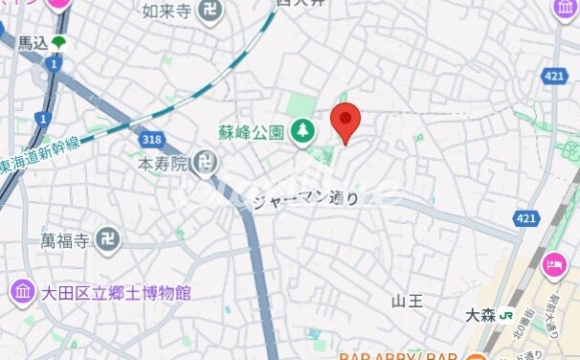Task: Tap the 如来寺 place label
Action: (167, 12)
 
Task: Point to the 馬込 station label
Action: (33, 43)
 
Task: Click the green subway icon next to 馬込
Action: (59, 42)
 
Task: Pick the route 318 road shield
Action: (150, 140)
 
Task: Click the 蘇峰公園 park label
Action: (251, 130)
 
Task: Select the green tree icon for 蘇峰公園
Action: (302, 130)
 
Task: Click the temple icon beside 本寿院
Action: (204, 165)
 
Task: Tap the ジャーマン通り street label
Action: (305, 199)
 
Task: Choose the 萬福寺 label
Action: (65, 239)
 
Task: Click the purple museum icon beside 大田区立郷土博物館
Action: (22, 291)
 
